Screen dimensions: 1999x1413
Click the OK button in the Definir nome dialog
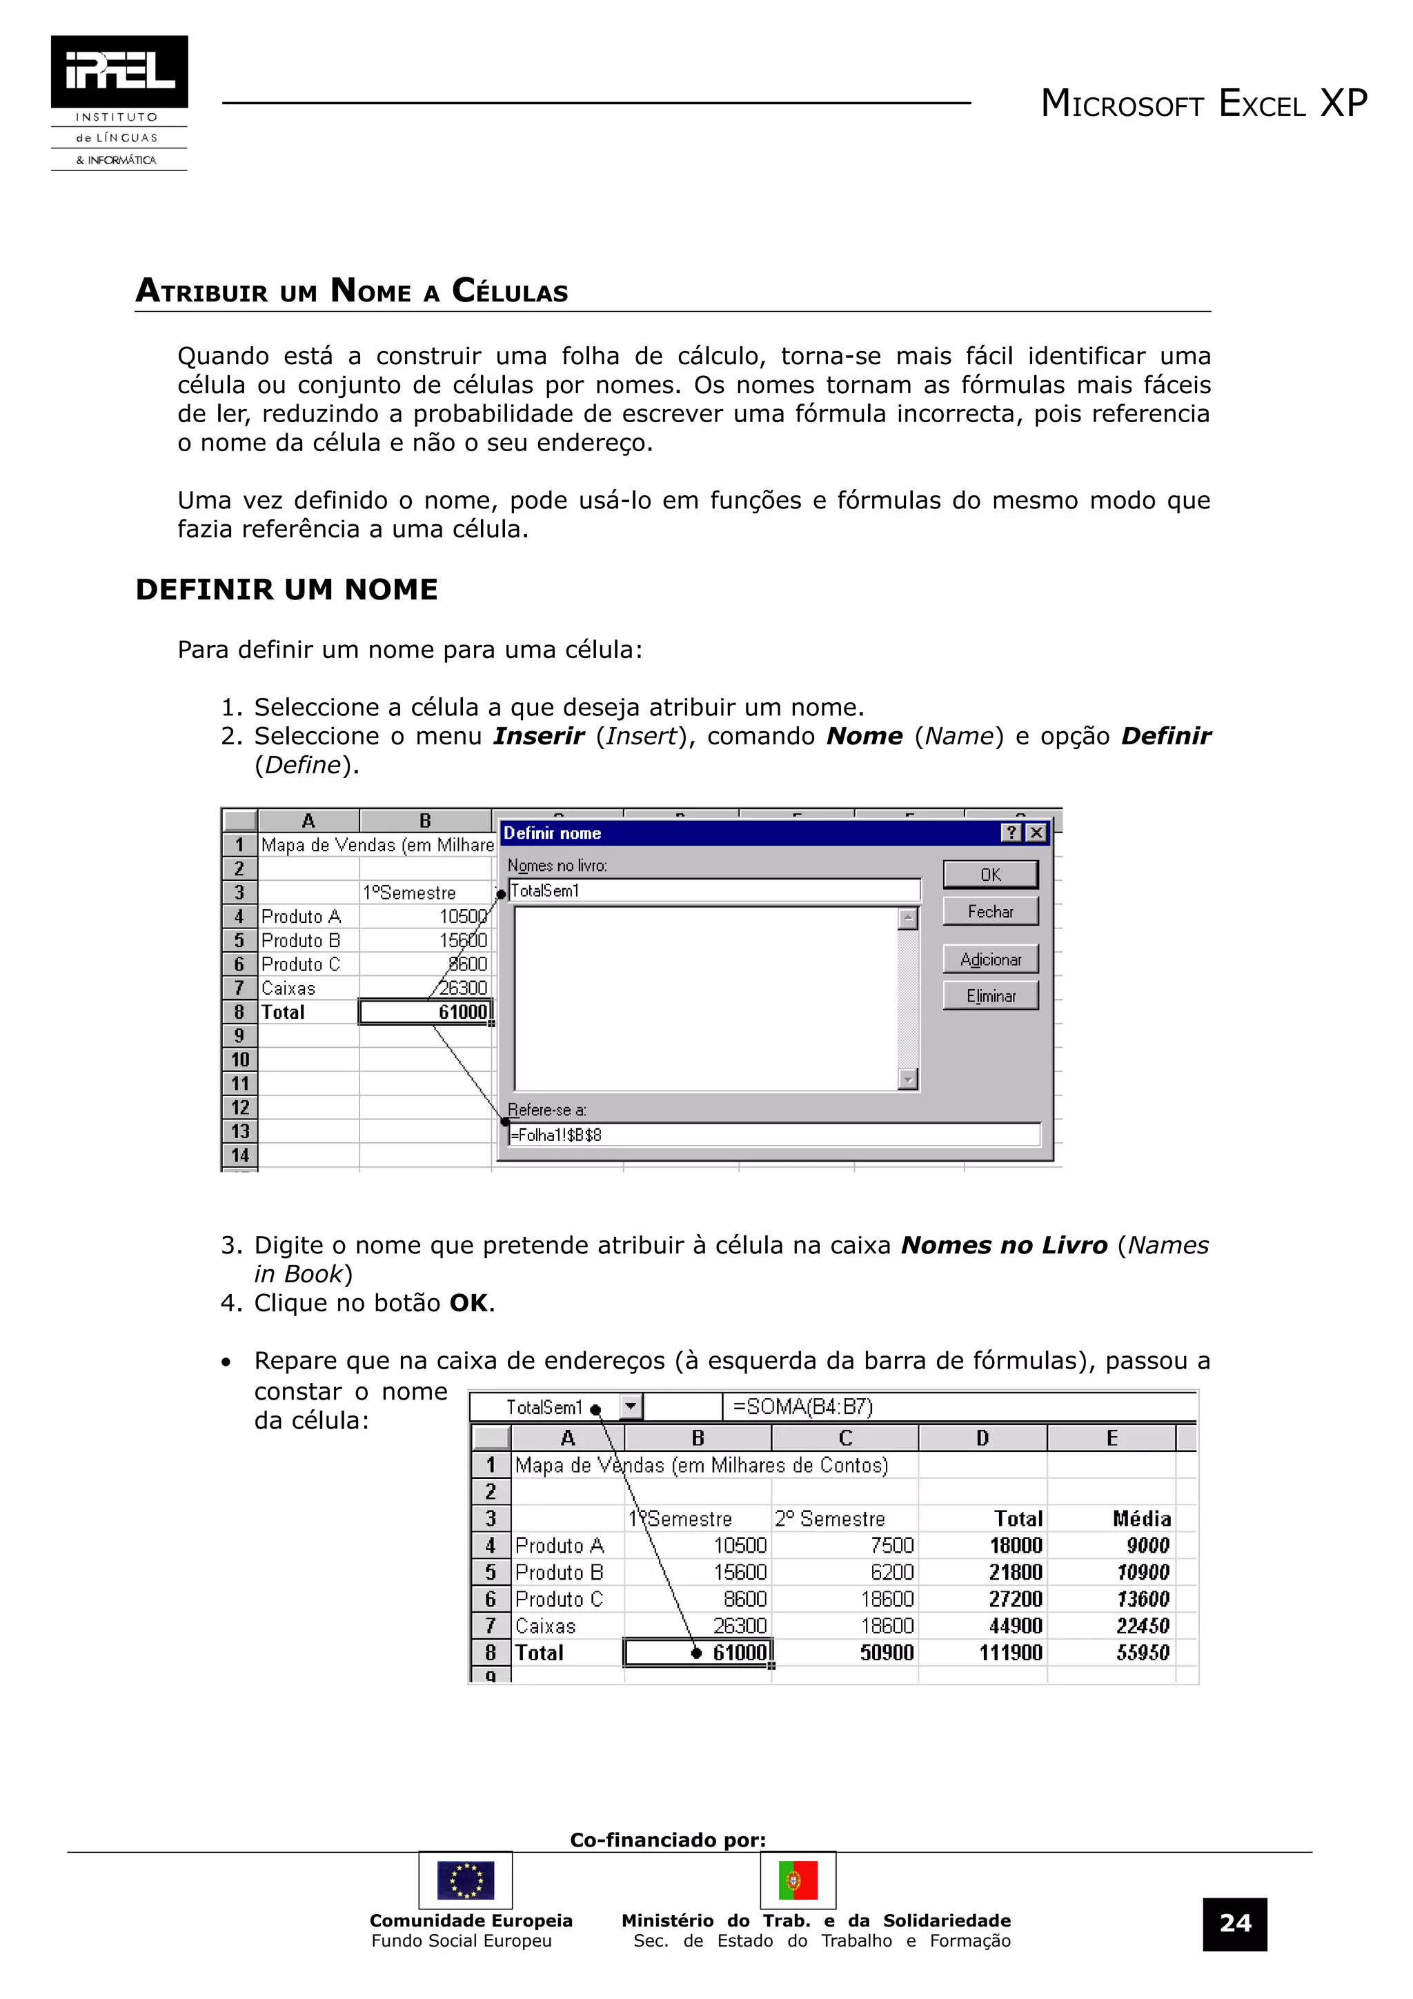[x=990, y=874]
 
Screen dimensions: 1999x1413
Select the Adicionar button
[x=990, y=959]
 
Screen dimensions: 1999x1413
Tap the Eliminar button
[x=990, y=995]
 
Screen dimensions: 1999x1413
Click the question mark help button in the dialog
[x=1011, y=833]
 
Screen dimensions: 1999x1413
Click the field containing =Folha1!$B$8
[x=774, y=1135]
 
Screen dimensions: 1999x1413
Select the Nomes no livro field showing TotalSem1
[x=714, y=890]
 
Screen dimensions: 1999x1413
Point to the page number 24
[x=1234, y=1923]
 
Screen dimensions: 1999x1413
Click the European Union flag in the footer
[x=466, y=1880]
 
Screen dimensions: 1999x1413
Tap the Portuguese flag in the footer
[x=798, y=1880]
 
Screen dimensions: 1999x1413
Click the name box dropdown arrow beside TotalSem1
[x=631, y=1406]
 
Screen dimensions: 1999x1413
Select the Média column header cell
[x=1140, y=1518]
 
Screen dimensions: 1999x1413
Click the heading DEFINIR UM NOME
[x=286, y=590]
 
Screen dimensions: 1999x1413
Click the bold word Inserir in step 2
[x=538, y=736]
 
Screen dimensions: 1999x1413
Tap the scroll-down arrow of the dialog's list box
[x=908, y=1080]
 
